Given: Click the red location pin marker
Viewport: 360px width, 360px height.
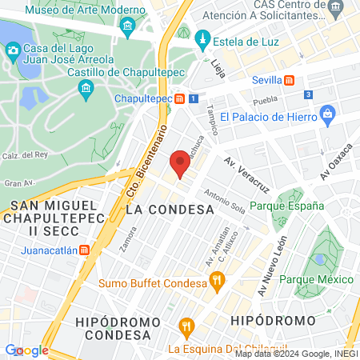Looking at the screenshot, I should [x=180, y=164].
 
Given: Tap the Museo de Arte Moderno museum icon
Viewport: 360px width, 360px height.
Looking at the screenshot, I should [x=127, y=30].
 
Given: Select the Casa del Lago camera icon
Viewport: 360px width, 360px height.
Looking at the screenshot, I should [x=12, y=50].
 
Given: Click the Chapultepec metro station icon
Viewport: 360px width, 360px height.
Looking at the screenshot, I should [x=181, y=98].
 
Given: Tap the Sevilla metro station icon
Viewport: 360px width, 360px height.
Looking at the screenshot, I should [x=290, y=80].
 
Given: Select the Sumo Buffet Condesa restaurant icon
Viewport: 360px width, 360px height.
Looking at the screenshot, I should [x=216, y=281].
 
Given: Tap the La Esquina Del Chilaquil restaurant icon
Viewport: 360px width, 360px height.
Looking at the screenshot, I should [x=187, y=326].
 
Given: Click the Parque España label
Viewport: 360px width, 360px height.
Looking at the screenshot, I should [x=286, y=206].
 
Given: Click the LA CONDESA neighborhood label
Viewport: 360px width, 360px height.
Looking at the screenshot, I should [x=170, y=209].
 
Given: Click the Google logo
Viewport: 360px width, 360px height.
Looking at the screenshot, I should [x=26, y=350].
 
